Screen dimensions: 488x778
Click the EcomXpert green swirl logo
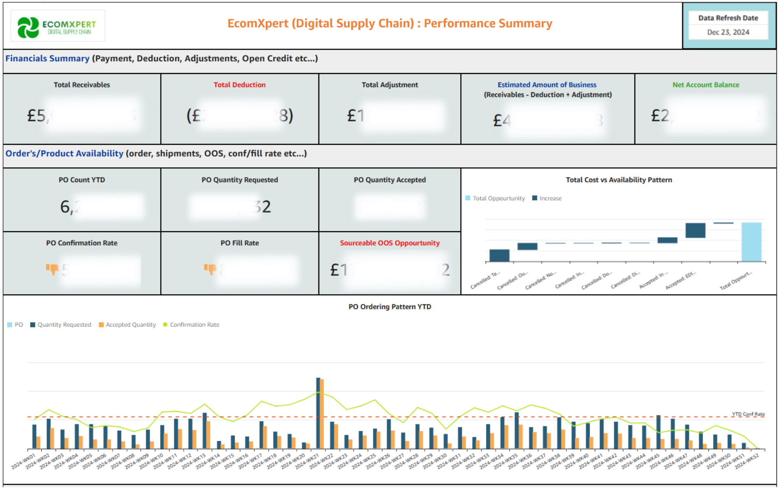28,27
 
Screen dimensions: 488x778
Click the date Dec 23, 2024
728,32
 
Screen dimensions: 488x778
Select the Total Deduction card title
240,85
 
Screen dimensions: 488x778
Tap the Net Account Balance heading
706,85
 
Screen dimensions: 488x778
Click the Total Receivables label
82,85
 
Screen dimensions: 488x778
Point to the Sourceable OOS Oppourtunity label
390,243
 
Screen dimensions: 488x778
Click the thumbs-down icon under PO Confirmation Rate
52,269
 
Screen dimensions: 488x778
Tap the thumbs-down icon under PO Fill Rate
210,269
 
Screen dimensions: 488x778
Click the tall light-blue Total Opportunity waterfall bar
751,242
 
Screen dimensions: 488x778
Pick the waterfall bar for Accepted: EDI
695,230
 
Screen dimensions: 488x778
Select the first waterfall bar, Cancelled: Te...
499,255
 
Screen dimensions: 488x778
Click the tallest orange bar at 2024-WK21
322,413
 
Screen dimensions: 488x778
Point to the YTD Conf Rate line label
748,414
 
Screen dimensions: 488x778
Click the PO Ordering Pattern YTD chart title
390,307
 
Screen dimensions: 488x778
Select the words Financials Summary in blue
47,58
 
